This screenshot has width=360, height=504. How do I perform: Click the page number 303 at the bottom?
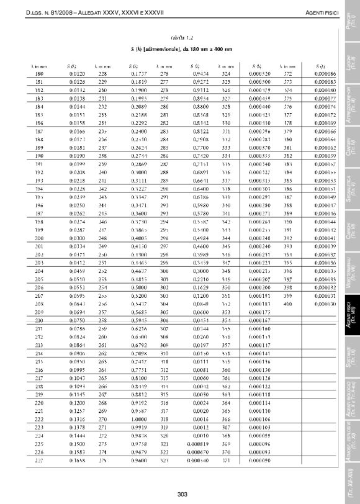182,494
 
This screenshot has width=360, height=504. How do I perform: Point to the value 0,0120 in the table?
76,74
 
